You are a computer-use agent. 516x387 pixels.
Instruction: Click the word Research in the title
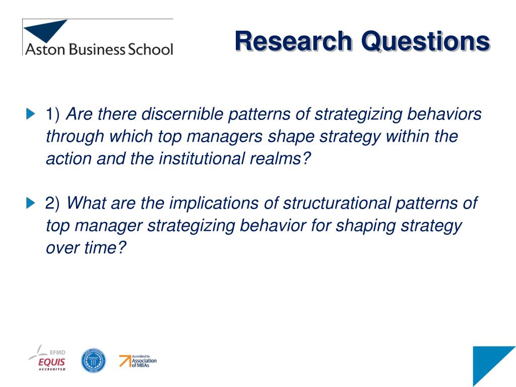point(294,41)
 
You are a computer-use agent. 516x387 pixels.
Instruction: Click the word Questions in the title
point(426,41)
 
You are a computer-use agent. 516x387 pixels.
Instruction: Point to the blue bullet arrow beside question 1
point(31,114)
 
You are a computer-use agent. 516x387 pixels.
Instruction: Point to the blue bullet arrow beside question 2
point(31,203)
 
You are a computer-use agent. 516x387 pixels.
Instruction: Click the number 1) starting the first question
point(52,114)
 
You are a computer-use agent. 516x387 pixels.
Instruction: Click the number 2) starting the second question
point(52,203)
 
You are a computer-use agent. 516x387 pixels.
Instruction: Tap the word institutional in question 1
point(202,158)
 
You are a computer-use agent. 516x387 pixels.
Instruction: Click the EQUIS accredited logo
point(49,359)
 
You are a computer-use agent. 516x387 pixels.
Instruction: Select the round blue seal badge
point(93,361)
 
